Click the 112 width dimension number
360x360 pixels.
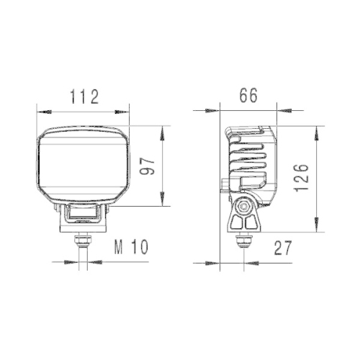(83, 96)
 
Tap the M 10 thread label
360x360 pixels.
(130, 248)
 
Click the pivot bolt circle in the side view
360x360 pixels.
(246, 206)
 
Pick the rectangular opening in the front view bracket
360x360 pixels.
(84, 214)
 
